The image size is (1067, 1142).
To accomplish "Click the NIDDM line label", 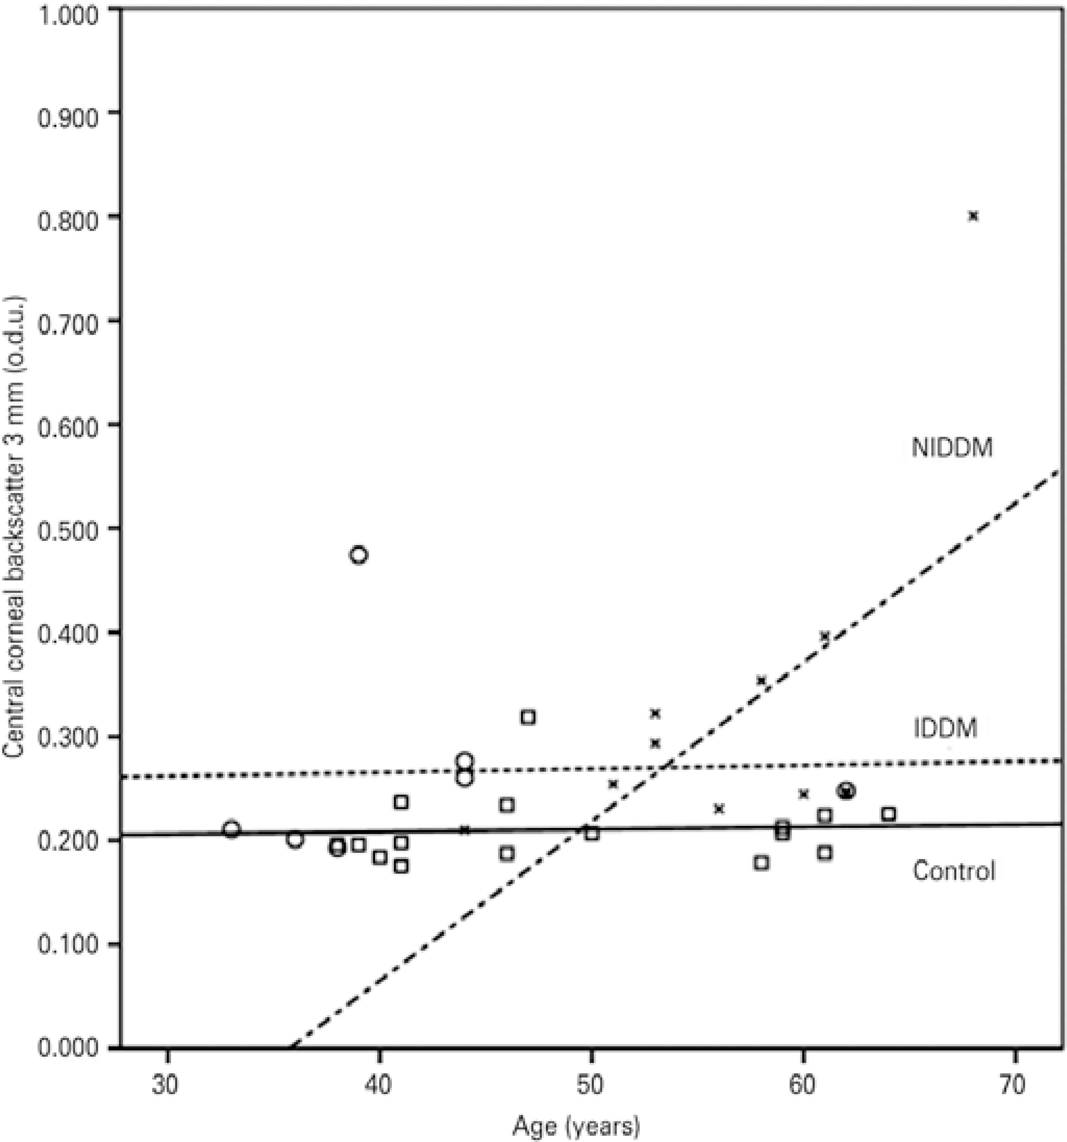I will click(952, 448).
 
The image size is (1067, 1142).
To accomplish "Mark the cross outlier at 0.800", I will click(973, 216).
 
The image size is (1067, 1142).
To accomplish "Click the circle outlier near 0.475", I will click(358, 555).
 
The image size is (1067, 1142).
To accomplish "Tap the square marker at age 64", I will click(888, 814).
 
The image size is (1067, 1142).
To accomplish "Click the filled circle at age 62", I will click(846, 791).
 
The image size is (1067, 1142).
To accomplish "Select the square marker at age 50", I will click(592, 833).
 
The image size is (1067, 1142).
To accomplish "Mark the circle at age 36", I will click(295, 839).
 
